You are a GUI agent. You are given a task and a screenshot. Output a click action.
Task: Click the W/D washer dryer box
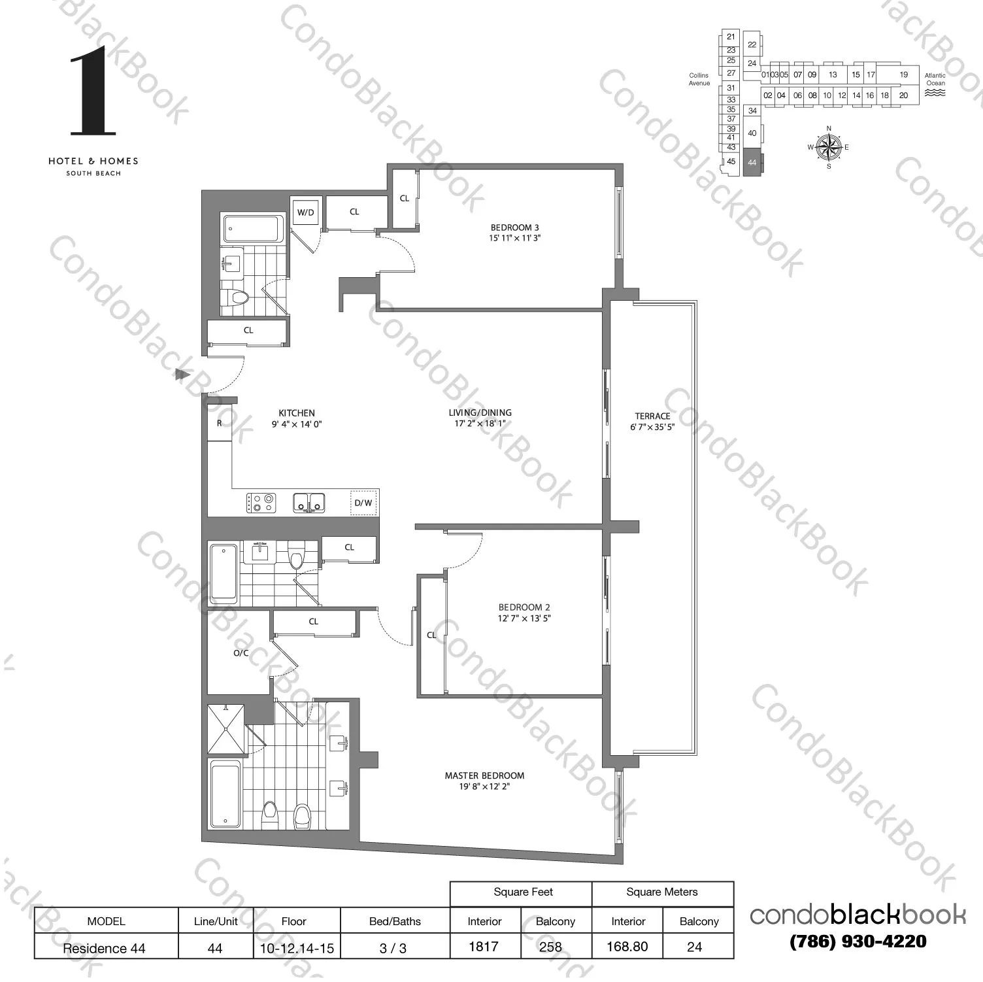[x=305, y=212]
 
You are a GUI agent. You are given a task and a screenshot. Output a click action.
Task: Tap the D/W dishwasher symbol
[x=363, y=502]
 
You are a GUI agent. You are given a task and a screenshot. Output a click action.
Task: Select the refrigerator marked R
[x=220, y=423]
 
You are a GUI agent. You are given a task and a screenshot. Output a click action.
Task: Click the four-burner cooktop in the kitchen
[x=261, y=503]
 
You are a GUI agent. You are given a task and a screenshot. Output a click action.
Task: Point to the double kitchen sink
[x=309, y=503]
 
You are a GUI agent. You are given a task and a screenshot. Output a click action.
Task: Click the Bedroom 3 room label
[x=515, y=228]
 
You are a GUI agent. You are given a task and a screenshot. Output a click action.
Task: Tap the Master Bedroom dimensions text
[x=484, y=787]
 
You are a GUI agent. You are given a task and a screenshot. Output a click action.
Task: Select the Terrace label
[x=652, y=416]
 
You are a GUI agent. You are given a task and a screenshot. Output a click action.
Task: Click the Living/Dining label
[x=480, y=413]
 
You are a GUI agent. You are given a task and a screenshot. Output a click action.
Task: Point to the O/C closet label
[x=241, y=652]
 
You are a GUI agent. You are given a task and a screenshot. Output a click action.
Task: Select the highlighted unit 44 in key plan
[x=752, y=162]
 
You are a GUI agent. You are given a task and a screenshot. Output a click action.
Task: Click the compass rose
[x=829, y=147]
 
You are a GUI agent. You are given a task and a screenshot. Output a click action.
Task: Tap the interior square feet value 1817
[x=484, y=947]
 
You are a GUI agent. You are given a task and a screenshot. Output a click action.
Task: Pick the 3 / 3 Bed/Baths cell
[x=393, y=947]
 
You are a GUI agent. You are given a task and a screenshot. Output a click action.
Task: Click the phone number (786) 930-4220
[x=858, y=941]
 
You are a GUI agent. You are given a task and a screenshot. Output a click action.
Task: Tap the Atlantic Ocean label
[x=935, y=79]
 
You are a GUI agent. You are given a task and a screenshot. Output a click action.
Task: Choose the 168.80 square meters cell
[x=627, y=947]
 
